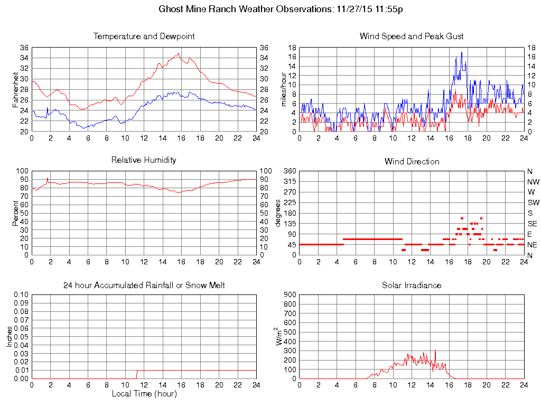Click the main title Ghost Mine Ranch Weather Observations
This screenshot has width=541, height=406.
(x=281, y=9)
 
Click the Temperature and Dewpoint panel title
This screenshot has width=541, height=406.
(x=144, y=36)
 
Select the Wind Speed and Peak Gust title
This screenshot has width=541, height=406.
(x=412, y=36)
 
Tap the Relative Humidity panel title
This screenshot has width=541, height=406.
(x=144, y=160)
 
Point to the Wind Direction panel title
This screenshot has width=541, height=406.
(x=412, y=161)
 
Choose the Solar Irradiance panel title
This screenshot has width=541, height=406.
(x=412, y=285)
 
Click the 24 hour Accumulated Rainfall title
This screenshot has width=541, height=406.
(x=144, y=285)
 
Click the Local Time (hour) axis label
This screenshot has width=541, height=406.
(x=144, y=394)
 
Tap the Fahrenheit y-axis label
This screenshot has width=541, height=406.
(x=15, y=90)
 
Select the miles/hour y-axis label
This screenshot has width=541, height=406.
(x=283, y=90)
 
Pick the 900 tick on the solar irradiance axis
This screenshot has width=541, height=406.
(x=290, y=295)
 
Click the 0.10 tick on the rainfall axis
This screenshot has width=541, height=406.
(x=21, y=295)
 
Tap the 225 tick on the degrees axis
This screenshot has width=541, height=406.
(x=290, y=203)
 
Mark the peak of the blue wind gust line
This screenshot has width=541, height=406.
(x=462, y=52)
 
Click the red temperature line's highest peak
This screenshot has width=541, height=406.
(x=179, y=53)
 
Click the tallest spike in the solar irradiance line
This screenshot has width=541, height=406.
(x=435, y=350)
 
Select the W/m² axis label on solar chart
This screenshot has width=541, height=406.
(x=279, y=337)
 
